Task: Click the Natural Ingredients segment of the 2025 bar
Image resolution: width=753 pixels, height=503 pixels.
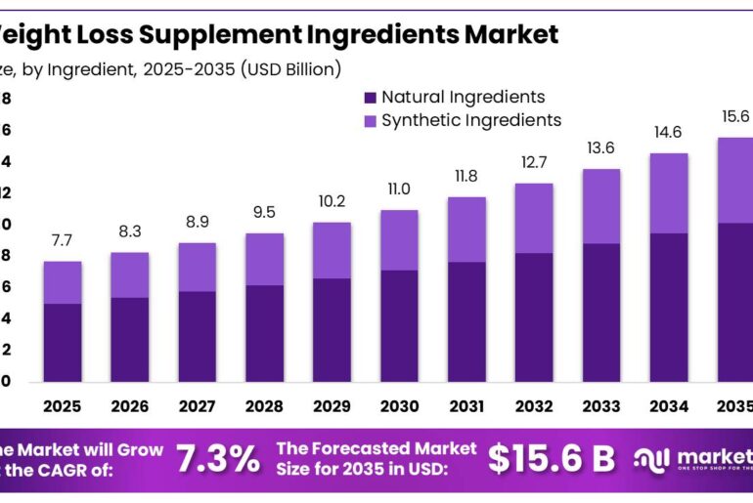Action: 63,342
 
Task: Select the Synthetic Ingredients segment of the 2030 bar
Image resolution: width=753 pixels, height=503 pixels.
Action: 399,239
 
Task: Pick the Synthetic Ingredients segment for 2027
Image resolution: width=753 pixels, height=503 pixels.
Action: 198,267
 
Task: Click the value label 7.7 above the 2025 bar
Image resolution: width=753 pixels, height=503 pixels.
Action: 63,240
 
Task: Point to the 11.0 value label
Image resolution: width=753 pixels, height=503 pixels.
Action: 399,189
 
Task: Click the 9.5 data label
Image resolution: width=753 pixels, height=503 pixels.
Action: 264,212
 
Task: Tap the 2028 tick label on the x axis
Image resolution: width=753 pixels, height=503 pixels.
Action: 264,404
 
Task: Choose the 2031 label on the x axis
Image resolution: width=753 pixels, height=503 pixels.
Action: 466,404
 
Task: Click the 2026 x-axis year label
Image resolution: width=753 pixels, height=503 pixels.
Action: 130,404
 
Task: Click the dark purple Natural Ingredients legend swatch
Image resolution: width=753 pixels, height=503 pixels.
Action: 369,98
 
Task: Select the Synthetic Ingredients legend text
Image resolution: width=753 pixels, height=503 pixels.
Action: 471,120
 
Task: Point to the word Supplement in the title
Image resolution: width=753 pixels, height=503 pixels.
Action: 213,35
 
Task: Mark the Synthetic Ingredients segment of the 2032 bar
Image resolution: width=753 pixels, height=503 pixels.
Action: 534,218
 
